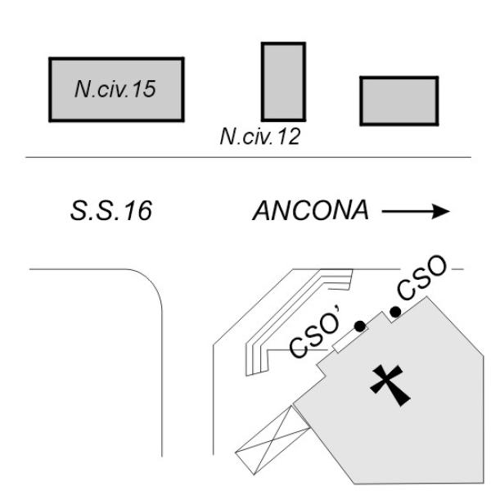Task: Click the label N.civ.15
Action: [x=115, y=89]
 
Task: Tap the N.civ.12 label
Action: [x=260, y=136]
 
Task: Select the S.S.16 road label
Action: [x=111, y=210]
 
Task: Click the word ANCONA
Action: [x=310, y=210]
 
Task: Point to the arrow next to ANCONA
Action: [x=416, y=211]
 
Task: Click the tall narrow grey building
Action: [x=283, y=82]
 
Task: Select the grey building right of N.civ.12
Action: [x=399, y=101]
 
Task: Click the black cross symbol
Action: [x=390, y=385]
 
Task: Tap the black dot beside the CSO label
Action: [x=395, y=312]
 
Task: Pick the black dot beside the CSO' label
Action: [x=360, y=327]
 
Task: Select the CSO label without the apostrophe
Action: [x=421, y=277]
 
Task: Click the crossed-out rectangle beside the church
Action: [x=273, y=440]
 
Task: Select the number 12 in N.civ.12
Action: [x=289, y=136]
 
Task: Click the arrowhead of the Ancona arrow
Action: [x=441, y=211]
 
